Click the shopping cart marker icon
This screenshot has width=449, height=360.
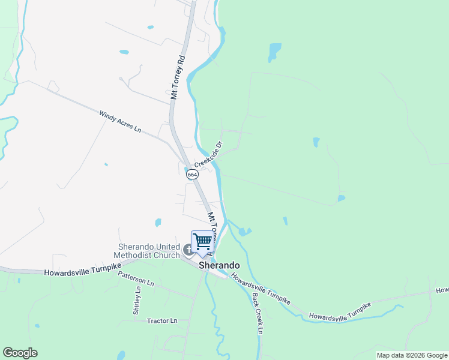203,242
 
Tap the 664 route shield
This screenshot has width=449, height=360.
191,174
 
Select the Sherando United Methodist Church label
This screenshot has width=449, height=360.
149,251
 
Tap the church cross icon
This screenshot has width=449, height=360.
187,250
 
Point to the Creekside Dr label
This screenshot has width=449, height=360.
208,155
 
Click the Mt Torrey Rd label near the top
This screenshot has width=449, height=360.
176,77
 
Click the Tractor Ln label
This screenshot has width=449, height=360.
162,321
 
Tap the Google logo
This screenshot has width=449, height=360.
20,353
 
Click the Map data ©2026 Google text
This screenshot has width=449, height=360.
412,355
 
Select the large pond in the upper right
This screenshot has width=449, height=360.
274,52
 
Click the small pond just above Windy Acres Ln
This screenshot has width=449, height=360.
124,52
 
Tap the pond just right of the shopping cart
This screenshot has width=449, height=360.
244,231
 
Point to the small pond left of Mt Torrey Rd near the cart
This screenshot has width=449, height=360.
158,223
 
